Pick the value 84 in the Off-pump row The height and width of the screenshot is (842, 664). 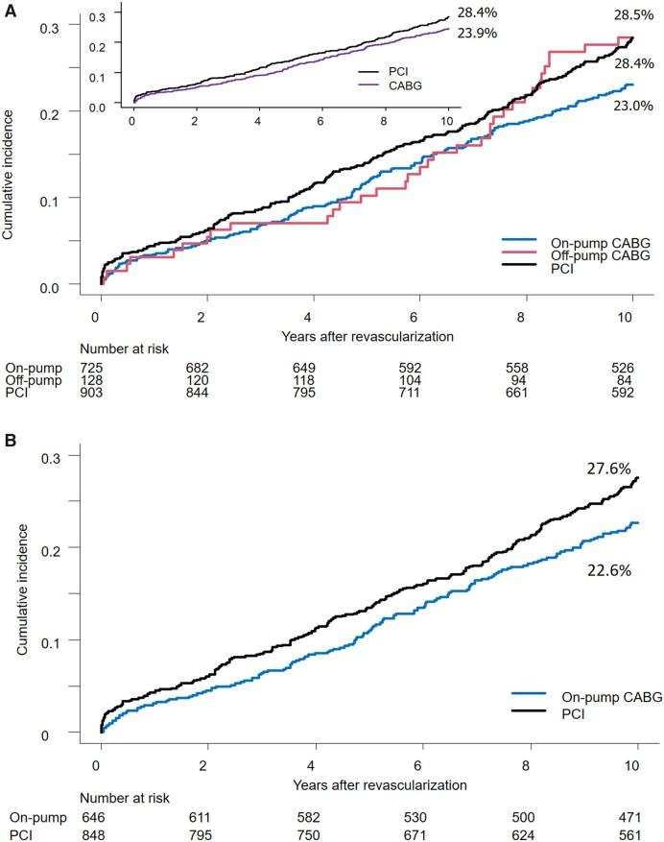pyautogui.click(x=629, y=380)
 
